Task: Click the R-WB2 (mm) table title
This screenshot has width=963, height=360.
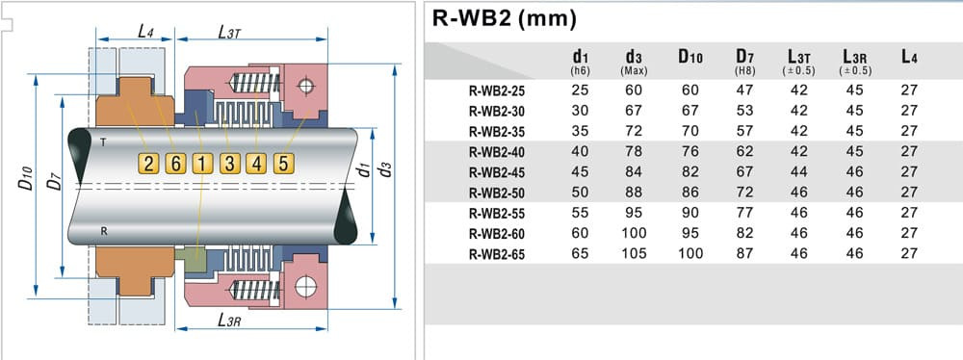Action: (x=505, y=18)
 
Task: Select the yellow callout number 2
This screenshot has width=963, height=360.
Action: (x=148, y=164)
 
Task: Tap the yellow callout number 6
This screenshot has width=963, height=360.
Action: (x=175, y=164)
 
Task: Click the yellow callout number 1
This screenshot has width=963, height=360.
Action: (x=201, y=164)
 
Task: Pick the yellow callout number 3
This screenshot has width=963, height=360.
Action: (x=229, y=164)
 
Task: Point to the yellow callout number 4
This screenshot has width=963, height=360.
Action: (x=256, y=164)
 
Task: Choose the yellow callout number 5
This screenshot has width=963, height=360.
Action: (x=283, y=164)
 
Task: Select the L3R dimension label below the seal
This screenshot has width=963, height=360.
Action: (x=228, y=321)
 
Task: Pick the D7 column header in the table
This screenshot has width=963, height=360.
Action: (x=743, y=60)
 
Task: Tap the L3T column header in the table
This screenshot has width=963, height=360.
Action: (x=798, y=60)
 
